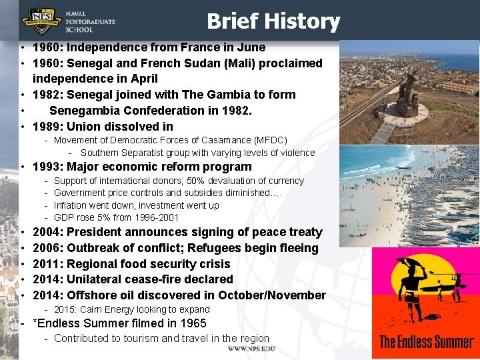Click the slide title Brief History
[273, 21]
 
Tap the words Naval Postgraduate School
[90, 21]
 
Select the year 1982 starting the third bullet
[47, 95]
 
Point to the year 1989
[47, 127]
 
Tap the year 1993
[47, 167]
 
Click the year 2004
[47, 232]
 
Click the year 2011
[47, 264]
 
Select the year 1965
[193, 323]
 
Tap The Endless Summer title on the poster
[427, 342]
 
